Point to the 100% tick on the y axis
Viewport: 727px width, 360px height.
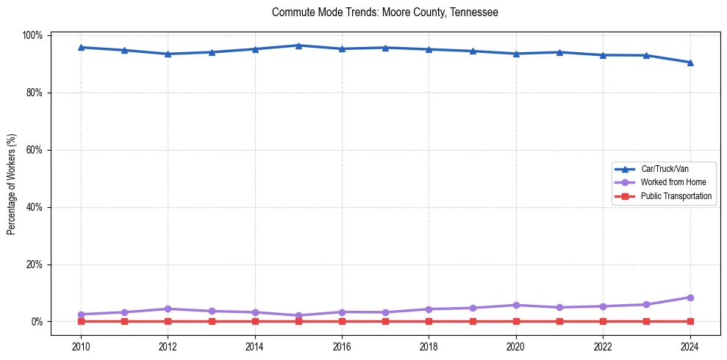point(33,35)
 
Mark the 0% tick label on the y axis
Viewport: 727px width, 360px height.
point(37,322)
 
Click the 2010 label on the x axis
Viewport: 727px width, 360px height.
point(81,346)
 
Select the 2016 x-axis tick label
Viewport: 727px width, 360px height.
point(342,346)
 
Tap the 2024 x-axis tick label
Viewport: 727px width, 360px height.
point(690,346)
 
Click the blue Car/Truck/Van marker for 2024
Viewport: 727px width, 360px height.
point(690,62)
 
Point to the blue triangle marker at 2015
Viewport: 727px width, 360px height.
point(298,46)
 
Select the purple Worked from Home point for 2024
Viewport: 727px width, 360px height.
point(690,298)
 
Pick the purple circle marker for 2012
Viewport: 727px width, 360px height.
point(168,309)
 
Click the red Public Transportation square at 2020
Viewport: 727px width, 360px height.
point(516,321)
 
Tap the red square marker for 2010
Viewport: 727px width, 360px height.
point(81,321)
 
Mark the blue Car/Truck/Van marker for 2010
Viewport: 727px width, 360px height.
point(81,48)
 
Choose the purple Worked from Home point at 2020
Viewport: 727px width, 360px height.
point(516,305)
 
